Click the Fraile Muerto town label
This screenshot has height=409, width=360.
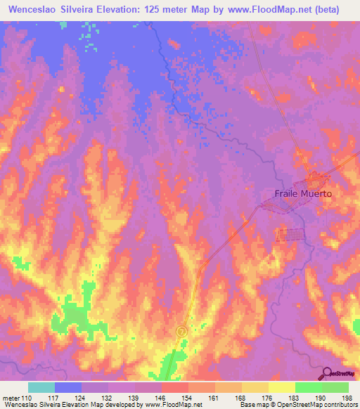pos(302,193)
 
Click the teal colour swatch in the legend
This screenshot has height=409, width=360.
pos(41,387)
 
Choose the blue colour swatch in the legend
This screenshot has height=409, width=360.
pos(68,387)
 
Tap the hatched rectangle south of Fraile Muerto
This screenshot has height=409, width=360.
pos(291,235)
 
